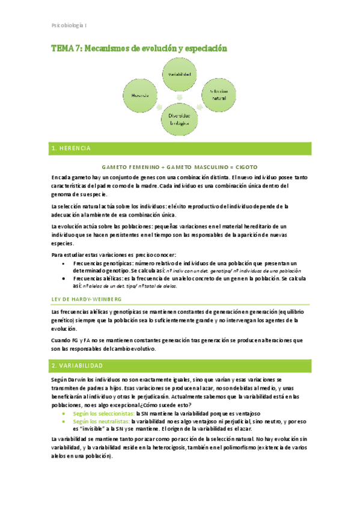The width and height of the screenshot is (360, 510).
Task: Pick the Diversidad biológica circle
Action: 178,118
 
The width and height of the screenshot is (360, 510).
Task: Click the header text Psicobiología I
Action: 70,26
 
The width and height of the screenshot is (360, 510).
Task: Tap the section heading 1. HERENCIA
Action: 71,148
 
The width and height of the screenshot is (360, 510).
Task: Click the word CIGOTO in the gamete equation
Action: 248,167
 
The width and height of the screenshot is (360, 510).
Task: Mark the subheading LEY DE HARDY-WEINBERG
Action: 87,299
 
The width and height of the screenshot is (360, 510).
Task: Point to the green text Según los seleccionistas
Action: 103,414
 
